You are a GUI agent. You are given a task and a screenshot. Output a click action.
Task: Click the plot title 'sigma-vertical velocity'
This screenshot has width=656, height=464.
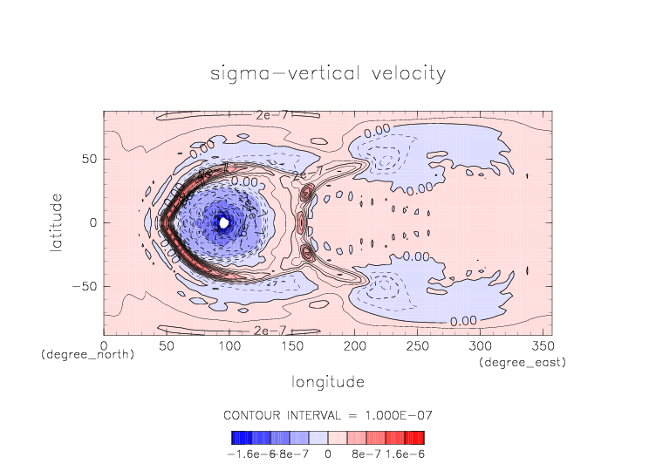point(328,73)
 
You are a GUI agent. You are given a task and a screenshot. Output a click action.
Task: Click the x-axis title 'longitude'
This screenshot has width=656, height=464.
point(328,382)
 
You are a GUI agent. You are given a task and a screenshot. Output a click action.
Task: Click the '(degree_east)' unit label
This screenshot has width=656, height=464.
point(523,361)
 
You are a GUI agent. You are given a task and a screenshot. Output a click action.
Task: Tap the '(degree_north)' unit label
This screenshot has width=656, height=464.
point(87,354)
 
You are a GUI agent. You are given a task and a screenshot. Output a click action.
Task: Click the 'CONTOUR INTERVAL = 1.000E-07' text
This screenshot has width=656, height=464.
point(328,414)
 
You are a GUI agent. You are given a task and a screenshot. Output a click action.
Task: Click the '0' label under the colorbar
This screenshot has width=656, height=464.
point(328,454)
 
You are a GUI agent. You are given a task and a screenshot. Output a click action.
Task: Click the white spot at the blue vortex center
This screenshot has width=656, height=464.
point(224,222)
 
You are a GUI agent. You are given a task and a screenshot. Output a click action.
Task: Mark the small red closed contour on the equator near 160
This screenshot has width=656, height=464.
point(302,223)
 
